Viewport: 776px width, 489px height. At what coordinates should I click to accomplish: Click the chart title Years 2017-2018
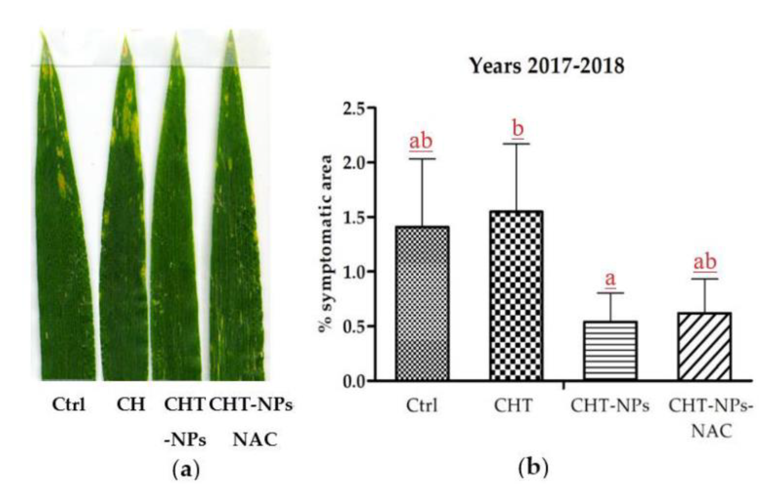[547, 66]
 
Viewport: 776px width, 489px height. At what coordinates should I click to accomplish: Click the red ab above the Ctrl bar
[421, 141]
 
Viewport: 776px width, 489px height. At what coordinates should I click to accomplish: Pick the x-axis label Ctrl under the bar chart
[422, 406]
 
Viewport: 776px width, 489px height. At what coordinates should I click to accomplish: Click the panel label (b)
[533, 468]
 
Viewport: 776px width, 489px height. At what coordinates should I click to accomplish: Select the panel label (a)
[186, 469]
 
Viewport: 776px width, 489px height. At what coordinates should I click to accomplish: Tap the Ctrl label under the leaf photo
[69, 405]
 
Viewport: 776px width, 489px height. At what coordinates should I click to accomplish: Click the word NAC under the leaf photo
[255, 440]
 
